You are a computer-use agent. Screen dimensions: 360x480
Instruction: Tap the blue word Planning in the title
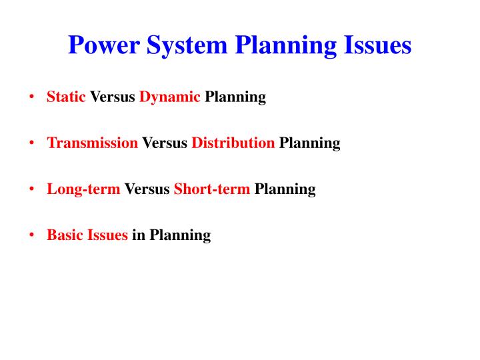282,45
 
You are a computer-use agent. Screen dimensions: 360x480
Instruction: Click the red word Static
66,97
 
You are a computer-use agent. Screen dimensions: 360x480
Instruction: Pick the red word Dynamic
169,97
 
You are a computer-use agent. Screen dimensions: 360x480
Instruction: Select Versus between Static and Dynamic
113,97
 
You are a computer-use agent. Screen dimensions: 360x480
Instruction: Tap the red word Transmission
92,143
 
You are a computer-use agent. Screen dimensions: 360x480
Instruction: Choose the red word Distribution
233,143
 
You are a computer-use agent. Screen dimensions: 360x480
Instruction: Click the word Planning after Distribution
309,143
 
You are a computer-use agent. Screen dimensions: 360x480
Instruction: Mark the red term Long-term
83,189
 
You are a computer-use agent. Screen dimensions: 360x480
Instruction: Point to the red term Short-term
212,189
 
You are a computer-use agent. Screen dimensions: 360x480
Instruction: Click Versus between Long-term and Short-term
147,189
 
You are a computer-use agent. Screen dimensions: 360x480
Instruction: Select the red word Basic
65,235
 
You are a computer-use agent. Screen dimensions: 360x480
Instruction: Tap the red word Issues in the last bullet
107,235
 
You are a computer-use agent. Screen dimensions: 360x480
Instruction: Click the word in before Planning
138,235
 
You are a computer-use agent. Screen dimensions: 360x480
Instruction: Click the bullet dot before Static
32,97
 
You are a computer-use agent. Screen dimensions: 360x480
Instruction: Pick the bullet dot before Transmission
32,143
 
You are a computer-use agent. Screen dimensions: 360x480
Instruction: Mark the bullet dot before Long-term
32,189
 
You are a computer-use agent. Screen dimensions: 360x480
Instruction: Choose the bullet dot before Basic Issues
32,235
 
